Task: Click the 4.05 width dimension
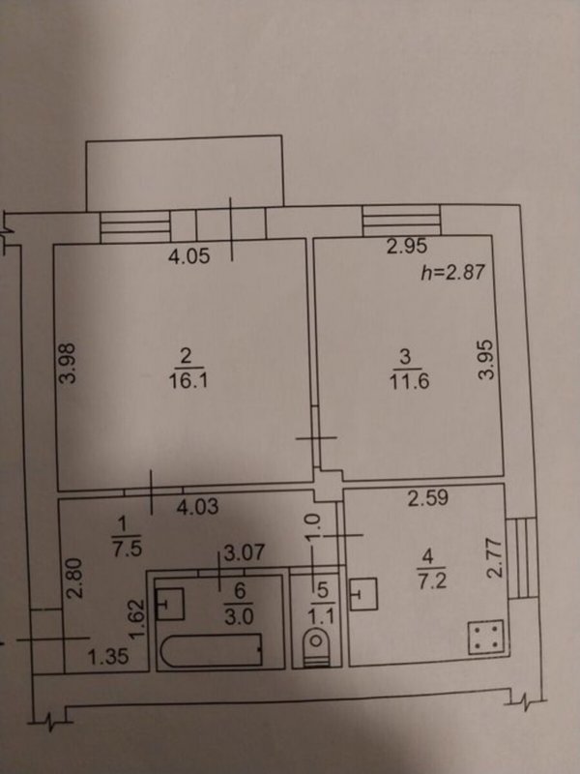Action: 188,256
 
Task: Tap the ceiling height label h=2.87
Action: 452,272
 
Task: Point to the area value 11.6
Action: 409,381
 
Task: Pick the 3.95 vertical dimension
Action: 486,358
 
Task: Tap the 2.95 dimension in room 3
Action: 406,247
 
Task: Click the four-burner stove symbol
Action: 486,637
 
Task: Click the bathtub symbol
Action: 212,650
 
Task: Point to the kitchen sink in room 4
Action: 363,594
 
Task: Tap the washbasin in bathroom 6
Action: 170,604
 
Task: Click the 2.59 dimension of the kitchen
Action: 428,498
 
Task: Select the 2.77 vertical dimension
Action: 495,558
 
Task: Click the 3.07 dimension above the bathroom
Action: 245,552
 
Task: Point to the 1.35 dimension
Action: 108,657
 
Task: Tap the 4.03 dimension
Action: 197,507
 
